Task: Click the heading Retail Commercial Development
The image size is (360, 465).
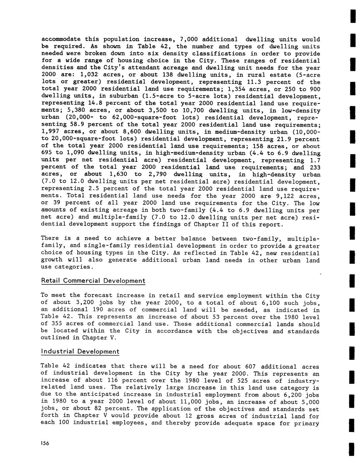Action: [93, 281]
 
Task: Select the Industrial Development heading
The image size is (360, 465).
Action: [80, 351]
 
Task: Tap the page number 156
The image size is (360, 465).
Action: [45, 443]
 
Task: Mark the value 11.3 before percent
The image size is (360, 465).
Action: [255, 82]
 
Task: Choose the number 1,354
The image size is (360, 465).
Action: [237, 89]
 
